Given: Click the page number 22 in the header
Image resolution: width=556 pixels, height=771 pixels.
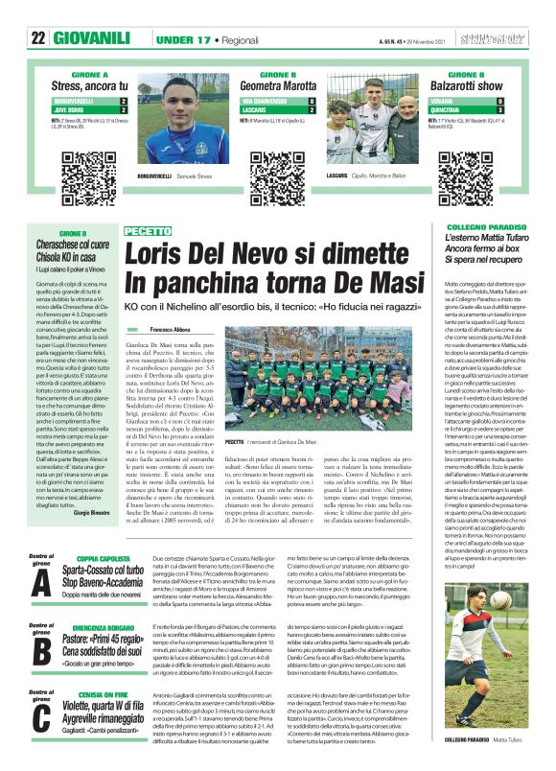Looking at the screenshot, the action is click(x=38, y=37).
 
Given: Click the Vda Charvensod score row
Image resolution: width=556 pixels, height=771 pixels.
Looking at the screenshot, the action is click(x=278, y=100).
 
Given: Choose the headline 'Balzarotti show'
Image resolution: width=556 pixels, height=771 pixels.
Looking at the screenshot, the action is click(x=467, y=85).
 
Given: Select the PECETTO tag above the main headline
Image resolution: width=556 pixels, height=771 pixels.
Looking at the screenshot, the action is click(x=148, y=231).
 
